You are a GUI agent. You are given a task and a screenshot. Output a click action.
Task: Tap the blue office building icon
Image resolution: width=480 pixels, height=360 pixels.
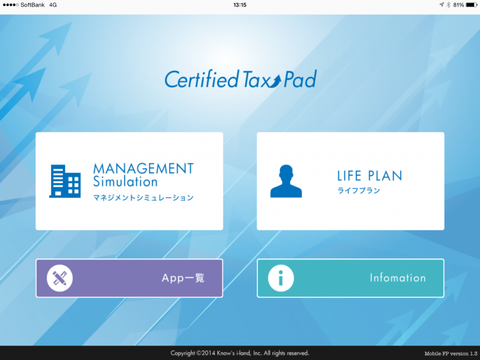65,181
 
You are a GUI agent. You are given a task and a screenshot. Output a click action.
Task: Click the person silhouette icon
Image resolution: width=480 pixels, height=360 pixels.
286,181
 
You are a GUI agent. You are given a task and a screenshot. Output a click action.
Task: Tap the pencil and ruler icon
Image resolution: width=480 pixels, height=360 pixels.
59,278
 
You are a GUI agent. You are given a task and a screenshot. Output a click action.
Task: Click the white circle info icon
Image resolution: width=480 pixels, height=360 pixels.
281,278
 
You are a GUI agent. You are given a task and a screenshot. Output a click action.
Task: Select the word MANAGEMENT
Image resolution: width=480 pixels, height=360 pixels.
143,169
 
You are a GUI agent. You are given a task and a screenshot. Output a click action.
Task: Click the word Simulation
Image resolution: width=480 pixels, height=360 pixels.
125,182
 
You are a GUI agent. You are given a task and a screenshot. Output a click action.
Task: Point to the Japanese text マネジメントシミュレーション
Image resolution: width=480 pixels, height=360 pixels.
143,198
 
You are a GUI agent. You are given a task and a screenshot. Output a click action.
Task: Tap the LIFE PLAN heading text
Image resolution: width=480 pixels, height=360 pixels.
370,176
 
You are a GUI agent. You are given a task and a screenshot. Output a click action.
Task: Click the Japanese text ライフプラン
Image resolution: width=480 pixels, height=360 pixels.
358,190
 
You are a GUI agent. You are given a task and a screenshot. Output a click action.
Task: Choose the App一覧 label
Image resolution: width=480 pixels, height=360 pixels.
183,278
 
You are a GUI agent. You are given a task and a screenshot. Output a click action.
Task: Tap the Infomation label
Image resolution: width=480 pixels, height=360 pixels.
398,278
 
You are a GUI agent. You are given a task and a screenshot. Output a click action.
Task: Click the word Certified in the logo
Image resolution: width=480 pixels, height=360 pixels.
202,79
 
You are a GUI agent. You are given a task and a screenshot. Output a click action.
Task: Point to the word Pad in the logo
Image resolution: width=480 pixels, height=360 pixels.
300,79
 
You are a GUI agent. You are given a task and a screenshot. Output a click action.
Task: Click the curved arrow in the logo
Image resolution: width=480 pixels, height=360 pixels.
274,82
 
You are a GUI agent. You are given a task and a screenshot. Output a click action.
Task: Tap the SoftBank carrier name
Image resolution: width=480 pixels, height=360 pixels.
32,5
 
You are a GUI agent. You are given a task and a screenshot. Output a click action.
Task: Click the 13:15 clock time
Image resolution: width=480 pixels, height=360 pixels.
239,5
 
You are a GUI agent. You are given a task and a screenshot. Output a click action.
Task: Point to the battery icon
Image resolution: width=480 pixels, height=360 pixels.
472,5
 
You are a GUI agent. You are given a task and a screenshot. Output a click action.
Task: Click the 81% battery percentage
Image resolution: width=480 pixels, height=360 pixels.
458,5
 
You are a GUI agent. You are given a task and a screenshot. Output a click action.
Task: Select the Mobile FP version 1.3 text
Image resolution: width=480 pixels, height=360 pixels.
451,353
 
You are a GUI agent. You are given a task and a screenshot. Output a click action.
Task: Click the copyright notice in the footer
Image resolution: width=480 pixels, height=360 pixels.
239,353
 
